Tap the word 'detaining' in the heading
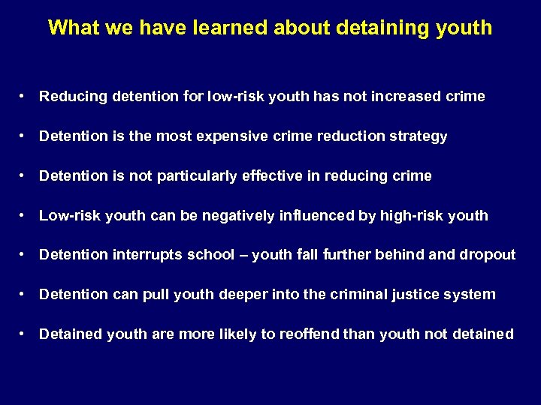click(378, 28)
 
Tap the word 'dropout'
click(488, 255)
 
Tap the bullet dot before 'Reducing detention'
click(25, 97)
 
